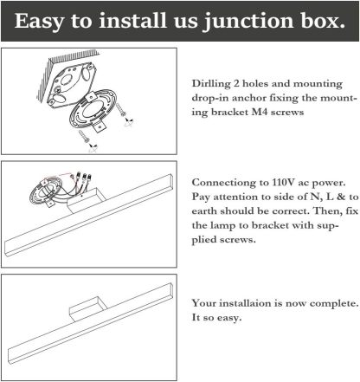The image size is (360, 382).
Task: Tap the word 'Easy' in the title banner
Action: coord(38,22)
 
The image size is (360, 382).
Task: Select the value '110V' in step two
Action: coord(284,183)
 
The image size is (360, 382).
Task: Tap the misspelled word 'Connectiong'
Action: coord(224,183)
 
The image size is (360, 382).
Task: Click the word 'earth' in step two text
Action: coord(204,210)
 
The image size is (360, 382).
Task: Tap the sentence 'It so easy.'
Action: coord(216,318)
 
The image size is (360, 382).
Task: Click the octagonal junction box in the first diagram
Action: coord(71,83)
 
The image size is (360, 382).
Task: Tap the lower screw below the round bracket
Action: coord(84,136)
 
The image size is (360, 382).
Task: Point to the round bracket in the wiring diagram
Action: coord(46,192)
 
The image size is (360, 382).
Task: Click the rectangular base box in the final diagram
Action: coord(88,309)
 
